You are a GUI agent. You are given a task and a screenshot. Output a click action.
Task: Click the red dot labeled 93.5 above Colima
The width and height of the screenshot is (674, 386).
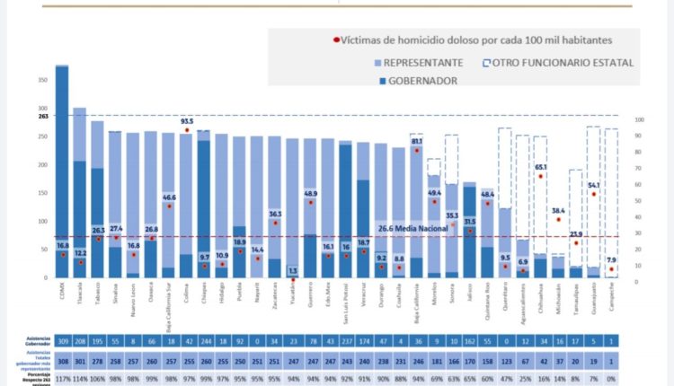point(187,130)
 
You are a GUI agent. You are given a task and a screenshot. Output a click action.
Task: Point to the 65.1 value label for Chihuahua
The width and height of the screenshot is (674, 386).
point(541,167)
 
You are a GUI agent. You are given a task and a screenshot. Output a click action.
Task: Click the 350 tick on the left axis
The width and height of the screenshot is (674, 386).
point(42,81)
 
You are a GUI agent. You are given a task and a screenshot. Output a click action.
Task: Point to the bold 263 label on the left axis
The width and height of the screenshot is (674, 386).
point(42,116)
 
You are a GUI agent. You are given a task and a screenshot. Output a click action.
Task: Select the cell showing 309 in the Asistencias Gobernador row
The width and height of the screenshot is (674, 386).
point(62,342)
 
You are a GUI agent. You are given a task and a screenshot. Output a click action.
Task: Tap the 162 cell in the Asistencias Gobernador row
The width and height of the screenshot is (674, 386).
point(468,342)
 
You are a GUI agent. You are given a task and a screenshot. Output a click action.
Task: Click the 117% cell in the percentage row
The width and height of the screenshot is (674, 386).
point(62,378)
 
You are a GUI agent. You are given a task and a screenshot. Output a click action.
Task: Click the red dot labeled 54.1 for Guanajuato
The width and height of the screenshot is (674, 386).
point(593,194)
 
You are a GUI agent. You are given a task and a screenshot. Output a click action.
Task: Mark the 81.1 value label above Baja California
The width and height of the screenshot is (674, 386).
point(417,141)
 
